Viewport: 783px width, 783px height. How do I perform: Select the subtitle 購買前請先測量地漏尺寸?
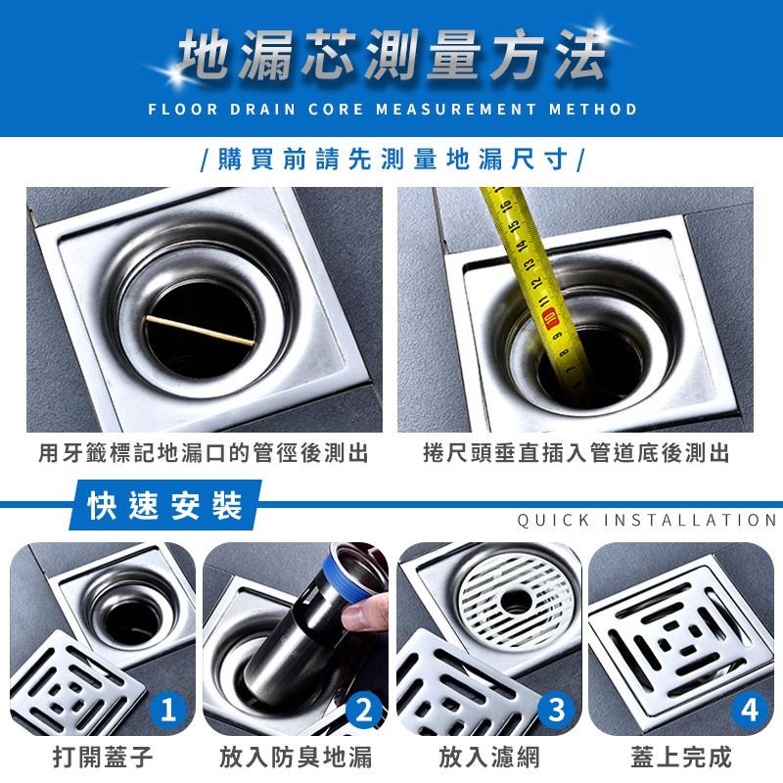(x=391, y=158)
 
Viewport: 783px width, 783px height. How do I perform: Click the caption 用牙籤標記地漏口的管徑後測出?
(x=204, y=454)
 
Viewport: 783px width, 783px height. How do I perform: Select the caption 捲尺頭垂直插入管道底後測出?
(x=576, y=454)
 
